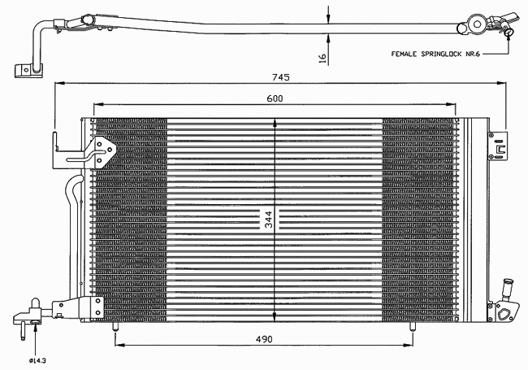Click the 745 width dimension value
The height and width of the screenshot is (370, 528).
coord(281,77)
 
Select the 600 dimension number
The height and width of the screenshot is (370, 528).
coord(275,98)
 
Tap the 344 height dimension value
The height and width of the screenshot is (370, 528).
coord(268,220)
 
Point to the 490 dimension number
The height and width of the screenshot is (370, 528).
coord(264,339)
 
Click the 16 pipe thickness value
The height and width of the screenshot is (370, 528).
coord(322,58)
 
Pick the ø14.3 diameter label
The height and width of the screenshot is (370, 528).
coord(37,361)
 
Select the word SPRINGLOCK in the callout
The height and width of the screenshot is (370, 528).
coord(441,54)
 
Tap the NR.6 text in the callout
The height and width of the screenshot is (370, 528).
coord(473,54)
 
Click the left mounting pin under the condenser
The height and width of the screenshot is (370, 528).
coord(115,327)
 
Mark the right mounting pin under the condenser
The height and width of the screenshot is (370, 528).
coord(412,327)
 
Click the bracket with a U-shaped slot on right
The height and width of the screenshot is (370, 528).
coord(498,146)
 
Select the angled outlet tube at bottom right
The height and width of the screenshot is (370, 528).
coord(506,289)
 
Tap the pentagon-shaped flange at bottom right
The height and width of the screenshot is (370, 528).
coord(504,313)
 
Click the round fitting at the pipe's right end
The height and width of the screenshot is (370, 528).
coord(477,24)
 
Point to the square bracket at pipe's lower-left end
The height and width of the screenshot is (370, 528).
coord(28,71)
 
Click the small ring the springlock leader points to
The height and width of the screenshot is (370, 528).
coord(509,33)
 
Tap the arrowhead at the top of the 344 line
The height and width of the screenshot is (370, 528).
coord(275,123)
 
